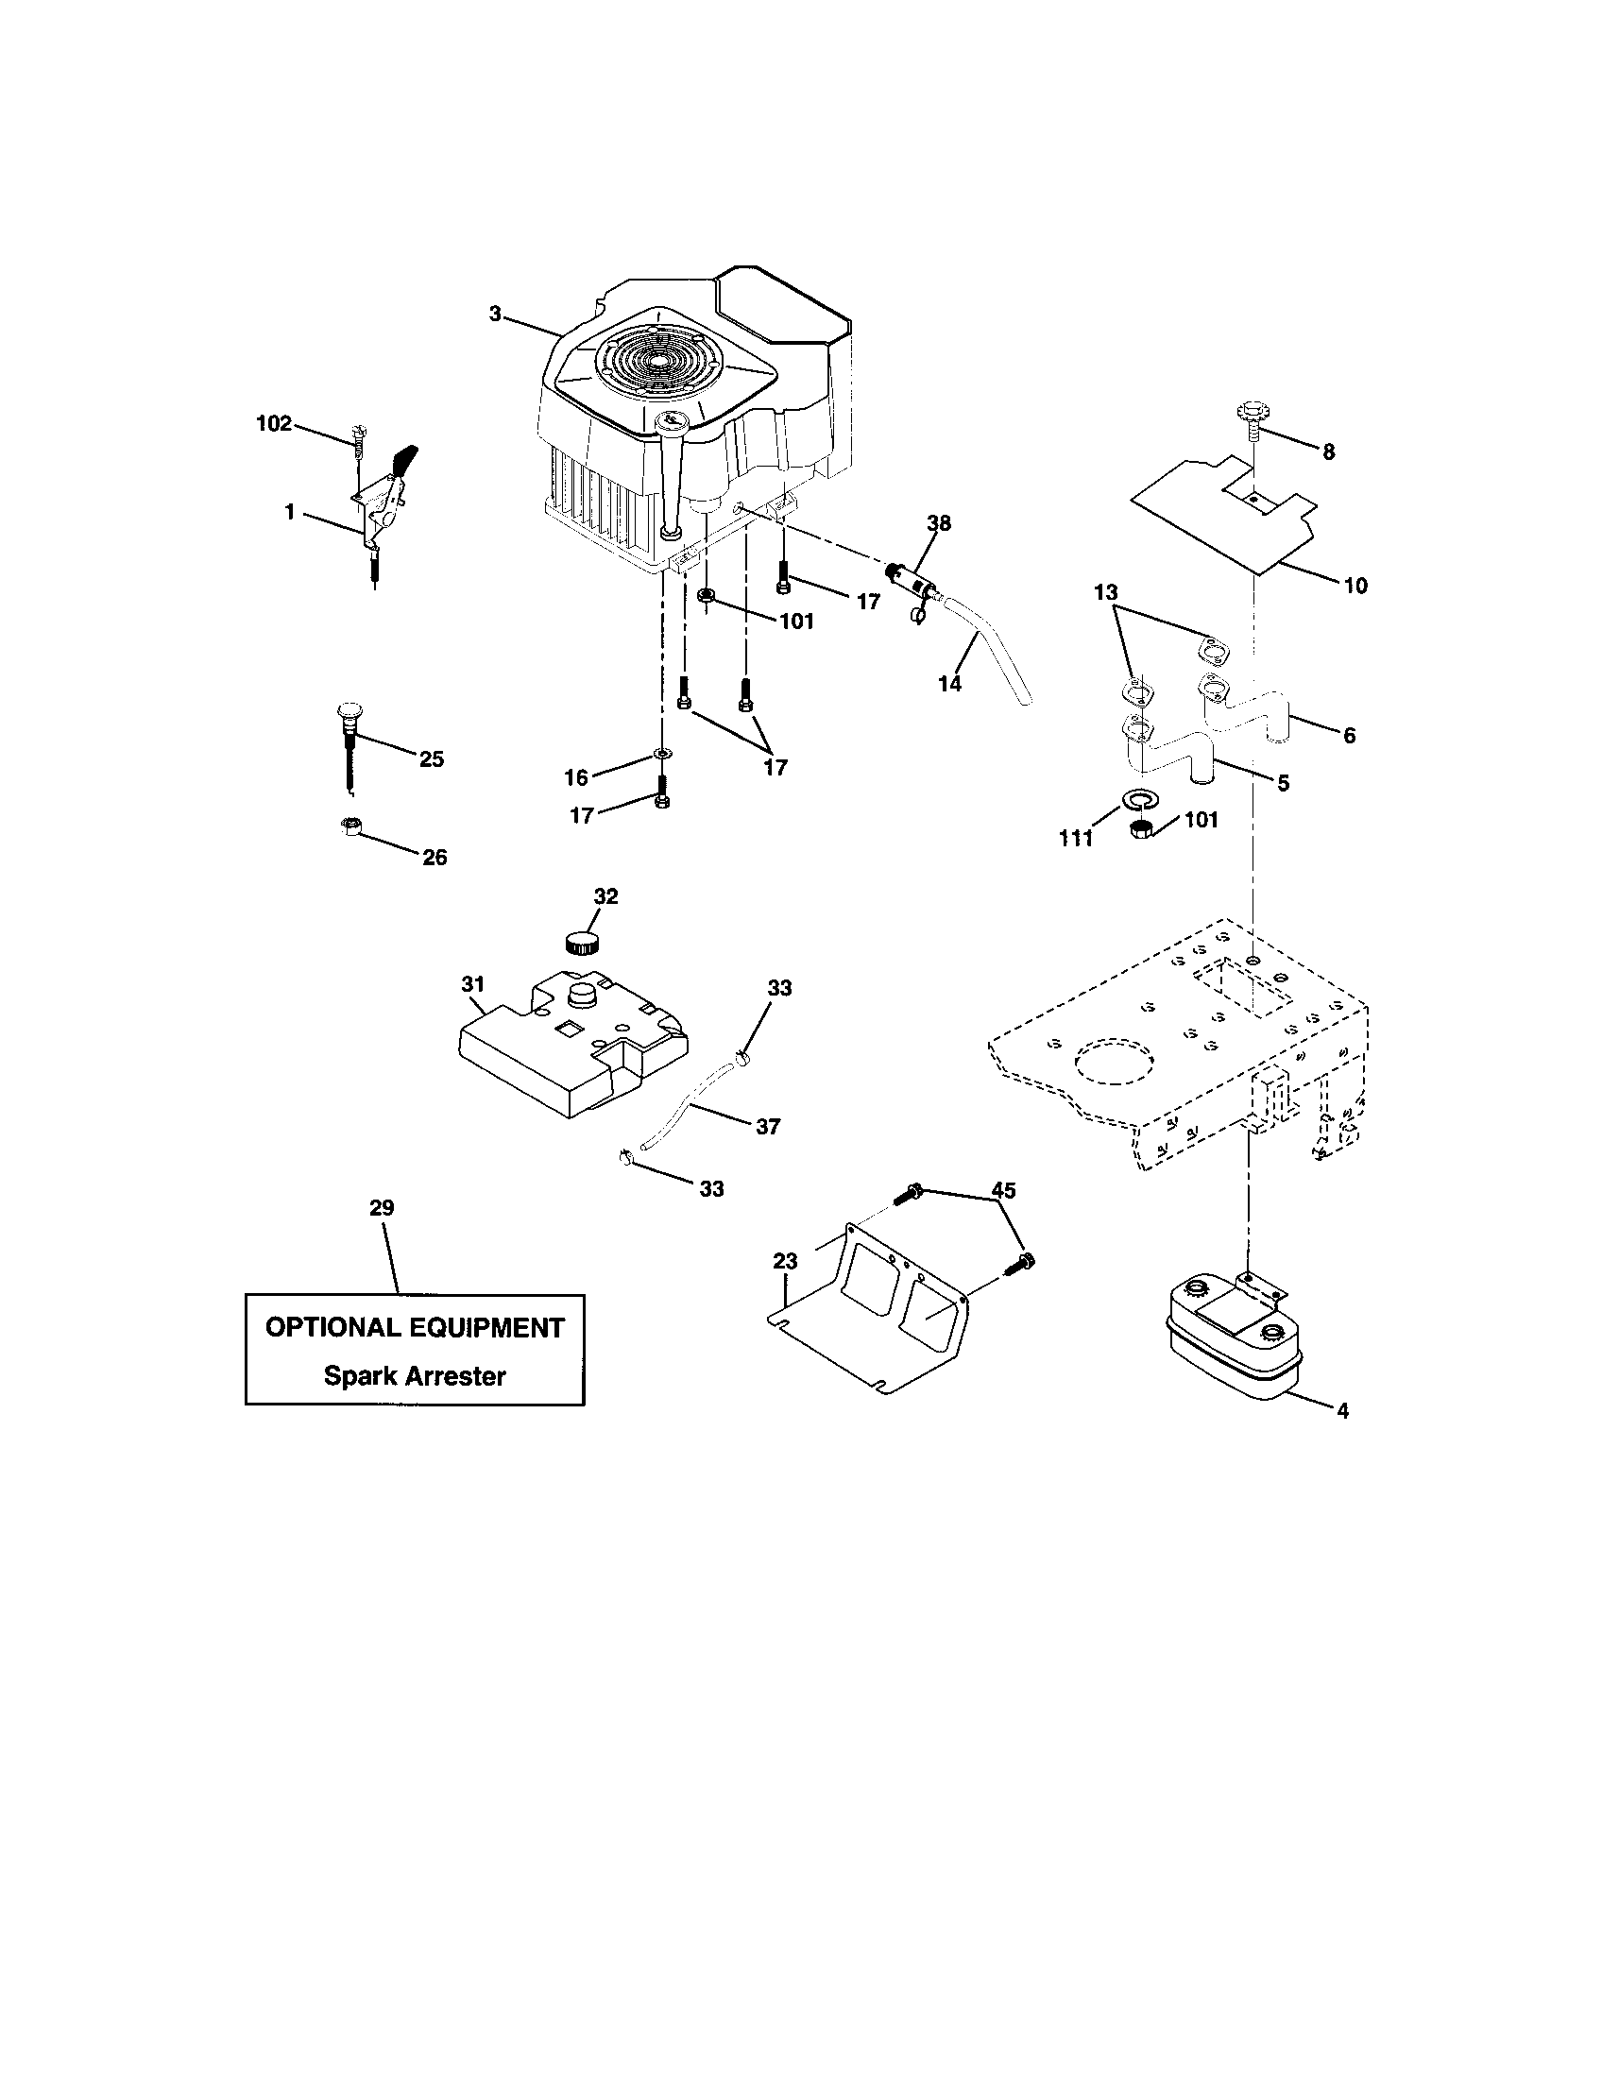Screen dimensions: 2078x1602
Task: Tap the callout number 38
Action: click(939, 523)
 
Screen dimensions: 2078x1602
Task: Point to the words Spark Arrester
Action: click(415, 1375)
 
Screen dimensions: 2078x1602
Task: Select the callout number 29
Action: click(382, 1207)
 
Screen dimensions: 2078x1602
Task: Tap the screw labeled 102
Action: click(359, 438)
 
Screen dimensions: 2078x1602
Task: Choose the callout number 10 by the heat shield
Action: click(1355, 587)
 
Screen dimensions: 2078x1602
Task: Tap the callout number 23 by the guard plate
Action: click(785, 1262)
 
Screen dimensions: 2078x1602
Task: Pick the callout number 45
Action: click(1003, 1190)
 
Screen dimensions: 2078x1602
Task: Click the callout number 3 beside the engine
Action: click(495, 314)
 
